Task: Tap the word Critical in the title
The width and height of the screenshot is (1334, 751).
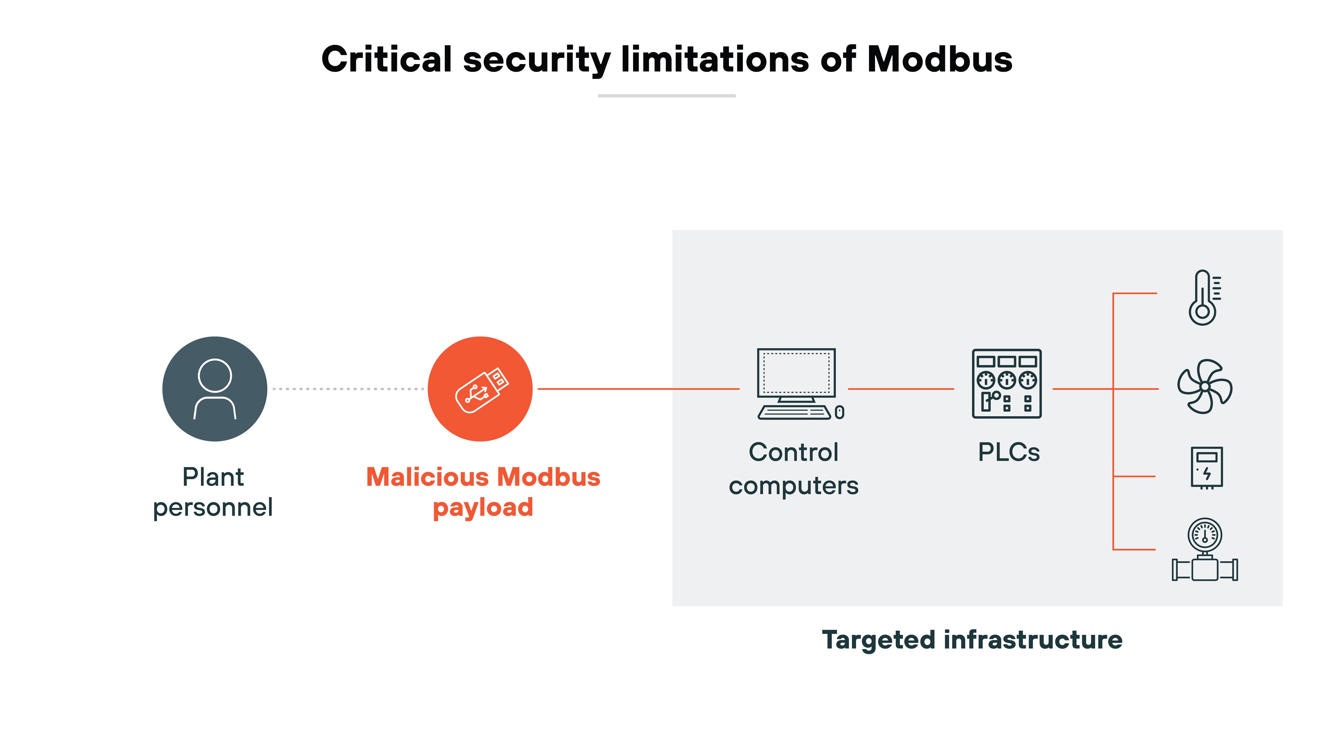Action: click(x=387, y=59)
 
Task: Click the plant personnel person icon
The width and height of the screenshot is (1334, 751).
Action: click(x=215, y=389)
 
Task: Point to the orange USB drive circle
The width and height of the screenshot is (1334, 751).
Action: click(x=480, y=389)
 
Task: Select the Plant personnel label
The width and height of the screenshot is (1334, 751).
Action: click(x=213, y=491)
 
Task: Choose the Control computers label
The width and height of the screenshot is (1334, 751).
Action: click(x=793, y=469)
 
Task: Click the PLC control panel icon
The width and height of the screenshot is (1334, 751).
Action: click(x=1007, y=384)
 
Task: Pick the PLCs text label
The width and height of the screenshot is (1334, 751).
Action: click(x=1008, y=452)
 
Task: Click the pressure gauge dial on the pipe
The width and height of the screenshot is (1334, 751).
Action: click(x=1205, y=535)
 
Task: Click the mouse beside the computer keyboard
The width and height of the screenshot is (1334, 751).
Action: click(x=839, y=412)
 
